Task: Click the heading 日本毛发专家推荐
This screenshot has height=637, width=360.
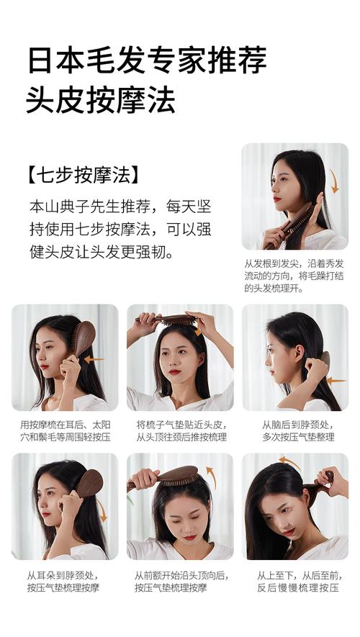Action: [x=147, y=60]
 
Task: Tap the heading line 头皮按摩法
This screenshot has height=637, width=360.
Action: [x=101, y=100]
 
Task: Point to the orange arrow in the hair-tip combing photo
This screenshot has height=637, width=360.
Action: [x=334, y=181]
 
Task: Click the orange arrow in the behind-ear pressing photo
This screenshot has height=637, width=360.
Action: [x=94, y=359]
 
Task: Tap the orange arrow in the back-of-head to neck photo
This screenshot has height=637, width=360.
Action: [x=336, y=381]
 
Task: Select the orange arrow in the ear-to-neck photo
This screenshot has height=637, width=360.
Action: [x=102, y=510]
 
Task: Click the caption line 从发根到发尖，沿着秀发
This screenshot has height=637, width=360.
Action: [x=294, y=263]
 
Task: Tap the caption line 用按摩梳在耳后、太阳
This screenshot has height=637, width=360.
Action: [x=66, y=425]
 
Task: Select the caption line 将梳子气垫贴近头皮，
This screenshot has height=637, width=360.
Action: [x=181, y=425]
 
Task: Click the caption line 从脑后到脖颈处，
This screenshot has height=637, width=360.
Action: [x=298, y=425]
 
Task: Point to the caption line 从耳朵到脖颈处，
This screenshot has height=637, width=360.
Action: [x=63, y=576]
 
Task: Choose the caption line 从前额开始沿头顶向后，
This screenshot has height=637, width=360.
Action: [x=181, y=576]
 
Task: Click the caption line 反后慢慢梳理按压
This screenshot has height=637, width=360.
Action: [x=297, y=588]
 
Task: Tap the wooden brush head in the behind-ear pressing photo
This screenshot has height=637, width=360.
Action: [x=84, y=338]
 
